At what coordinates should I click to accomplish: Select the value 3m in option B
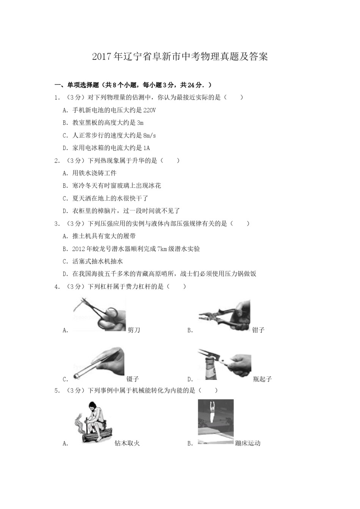click(140, 123)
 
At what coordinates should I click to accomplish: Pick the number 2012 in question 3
click(78, 249)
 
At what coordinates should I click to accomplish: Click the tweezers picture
click(99, 362)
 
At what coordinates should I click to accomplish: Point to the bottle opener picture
click(224, 364)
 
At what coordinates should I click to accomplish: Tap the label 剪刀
click(134, 330)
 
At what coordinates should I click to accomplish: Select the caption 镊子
click(133, 379)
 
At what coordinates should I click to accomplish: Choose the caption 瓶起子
click(262, 379)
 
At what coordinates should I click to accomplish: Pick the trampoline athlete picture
click(216, 422)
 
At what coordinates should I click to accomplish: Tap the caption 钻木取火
click(127, 443)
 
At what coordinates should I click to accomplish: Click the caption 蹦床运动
click(248, 443)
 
